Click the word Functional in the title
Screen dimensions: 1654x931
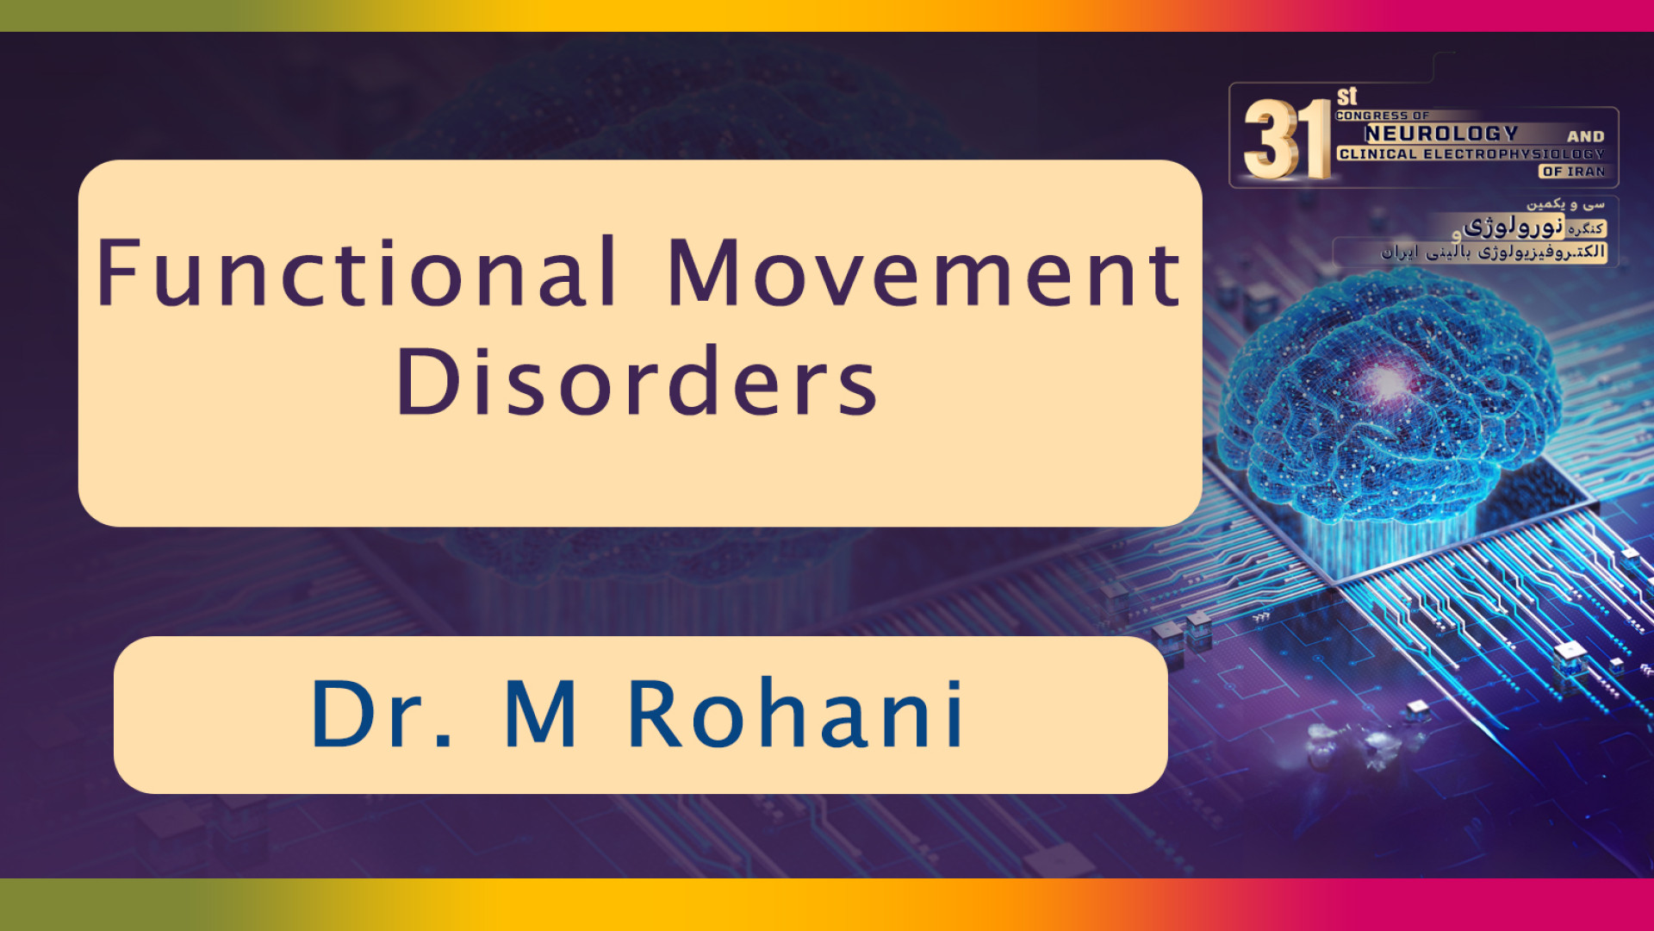357,272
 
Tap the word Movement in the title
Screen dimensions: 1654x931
924,273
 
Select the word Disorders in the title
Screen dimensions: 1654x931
637,381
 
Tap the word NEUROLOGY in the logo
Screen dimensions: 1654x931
1441,134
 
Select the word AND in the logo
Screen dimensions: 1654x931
1585,136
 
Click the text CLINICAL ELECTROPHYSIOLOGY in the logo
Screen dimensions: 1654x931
1471,154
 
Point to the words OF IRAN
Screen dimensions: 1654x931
1574,172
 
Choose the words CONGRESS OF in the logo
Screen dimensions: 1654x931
1382,116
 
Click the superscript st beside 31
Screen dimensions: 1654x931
1346,96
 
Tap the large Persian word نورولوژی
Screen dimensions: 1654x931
1514,227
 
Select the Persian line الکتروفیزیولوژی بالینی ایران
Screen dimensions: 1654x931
1493,252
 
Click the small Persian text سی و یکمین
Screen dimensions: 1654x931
1565,204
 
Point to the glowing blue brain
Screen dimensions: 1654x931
1389,397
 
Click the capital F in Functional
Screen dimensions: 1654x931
118,272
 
